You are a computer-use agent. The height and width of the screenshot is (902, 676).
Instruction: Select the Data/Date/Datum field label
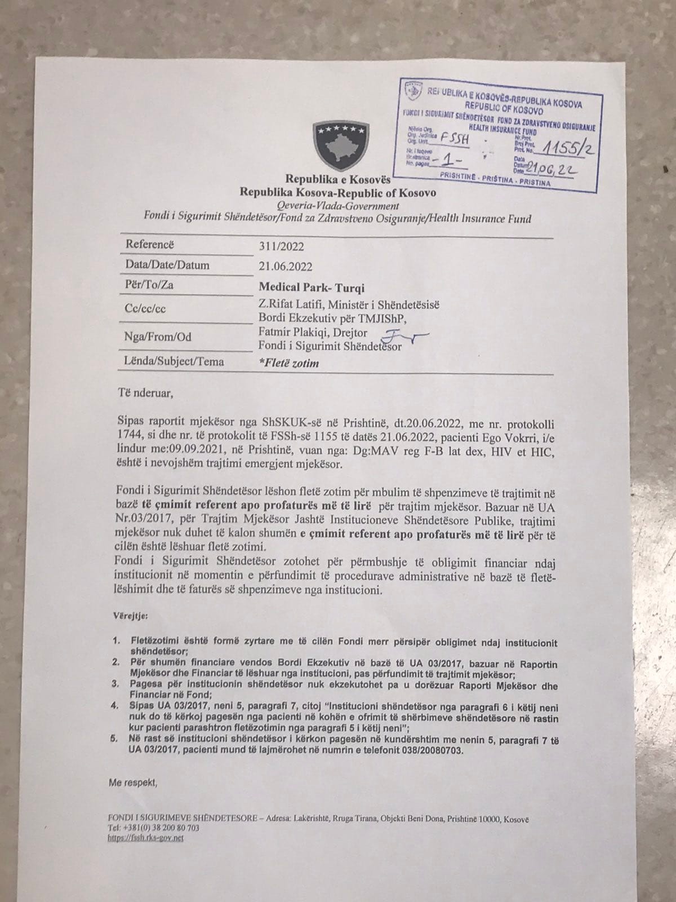point(167,265)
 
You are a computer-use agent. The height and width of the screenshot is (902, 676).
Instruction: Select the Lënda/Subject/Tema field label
point(174,361)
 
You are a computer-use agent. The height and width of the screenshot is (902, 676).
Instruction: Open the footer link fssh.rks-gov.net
point(145,838)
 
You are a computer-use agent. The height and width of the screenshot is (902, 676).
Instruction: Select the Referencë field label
point(150,245)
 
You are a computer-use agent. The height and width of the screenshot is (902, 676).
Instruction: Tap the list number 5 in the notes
point(116,739)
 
